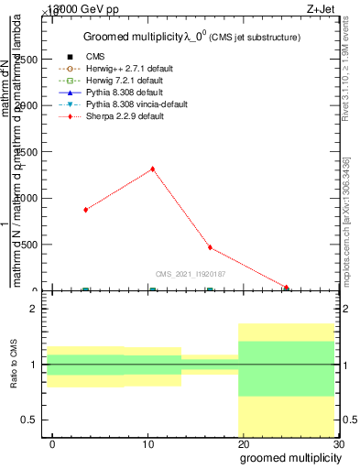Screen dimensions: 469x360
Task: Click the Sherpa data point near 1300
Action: coord(152,169)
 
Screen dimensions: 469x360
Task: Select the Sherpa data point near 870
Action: coord(85,210)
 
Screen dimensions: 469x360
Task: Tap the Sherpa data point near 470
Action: coord(210,247)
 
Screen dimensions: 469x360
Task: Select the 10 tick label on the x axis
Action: coord(148,444)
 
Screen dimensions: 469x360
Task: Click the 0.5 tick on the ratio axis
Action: coord(29,420)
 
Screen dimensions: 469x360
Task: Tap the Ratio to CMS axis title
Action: coord(14,365)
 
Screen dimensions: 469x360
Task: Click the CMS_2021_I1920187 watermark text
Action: coord(191,274)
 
